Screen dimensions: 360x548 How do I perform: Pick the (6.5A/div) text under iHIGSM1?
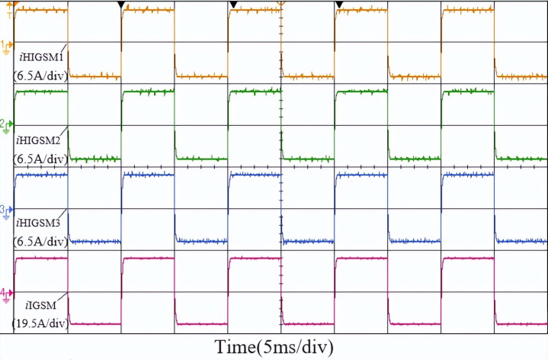[40, 76]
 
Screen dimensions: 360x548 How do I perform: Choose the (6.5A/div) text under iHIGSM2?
[40, 159]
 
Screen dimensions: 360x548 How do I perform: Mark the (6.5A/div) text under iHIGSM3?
[40, 242]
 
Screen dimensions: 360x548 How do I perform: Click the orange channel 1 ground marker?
[7, 45]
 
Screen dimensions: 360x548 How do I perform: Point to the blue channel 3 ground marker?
[7, 210]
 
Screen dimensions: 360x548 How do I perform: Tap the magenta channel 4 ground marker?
[7, 293]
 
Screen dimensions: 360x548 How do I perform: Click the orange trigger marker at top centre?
[280, 5]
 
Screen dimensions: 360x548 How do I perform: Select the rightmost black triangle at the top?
[339, 5]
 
